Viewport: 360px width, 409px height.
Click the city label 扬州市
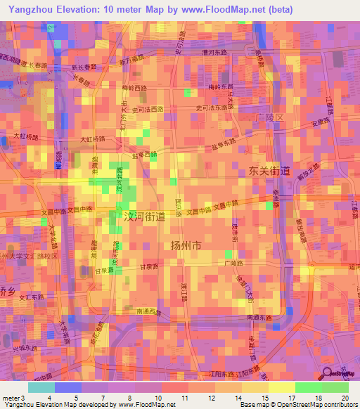tap(186, 246)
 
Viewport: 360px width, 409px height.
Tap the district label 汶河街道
tap(144, 217)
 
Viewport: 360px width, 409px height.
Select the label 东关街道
tap(269, 171)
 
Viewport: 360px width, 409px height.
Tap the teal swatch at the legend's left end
tap(41, 387)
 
